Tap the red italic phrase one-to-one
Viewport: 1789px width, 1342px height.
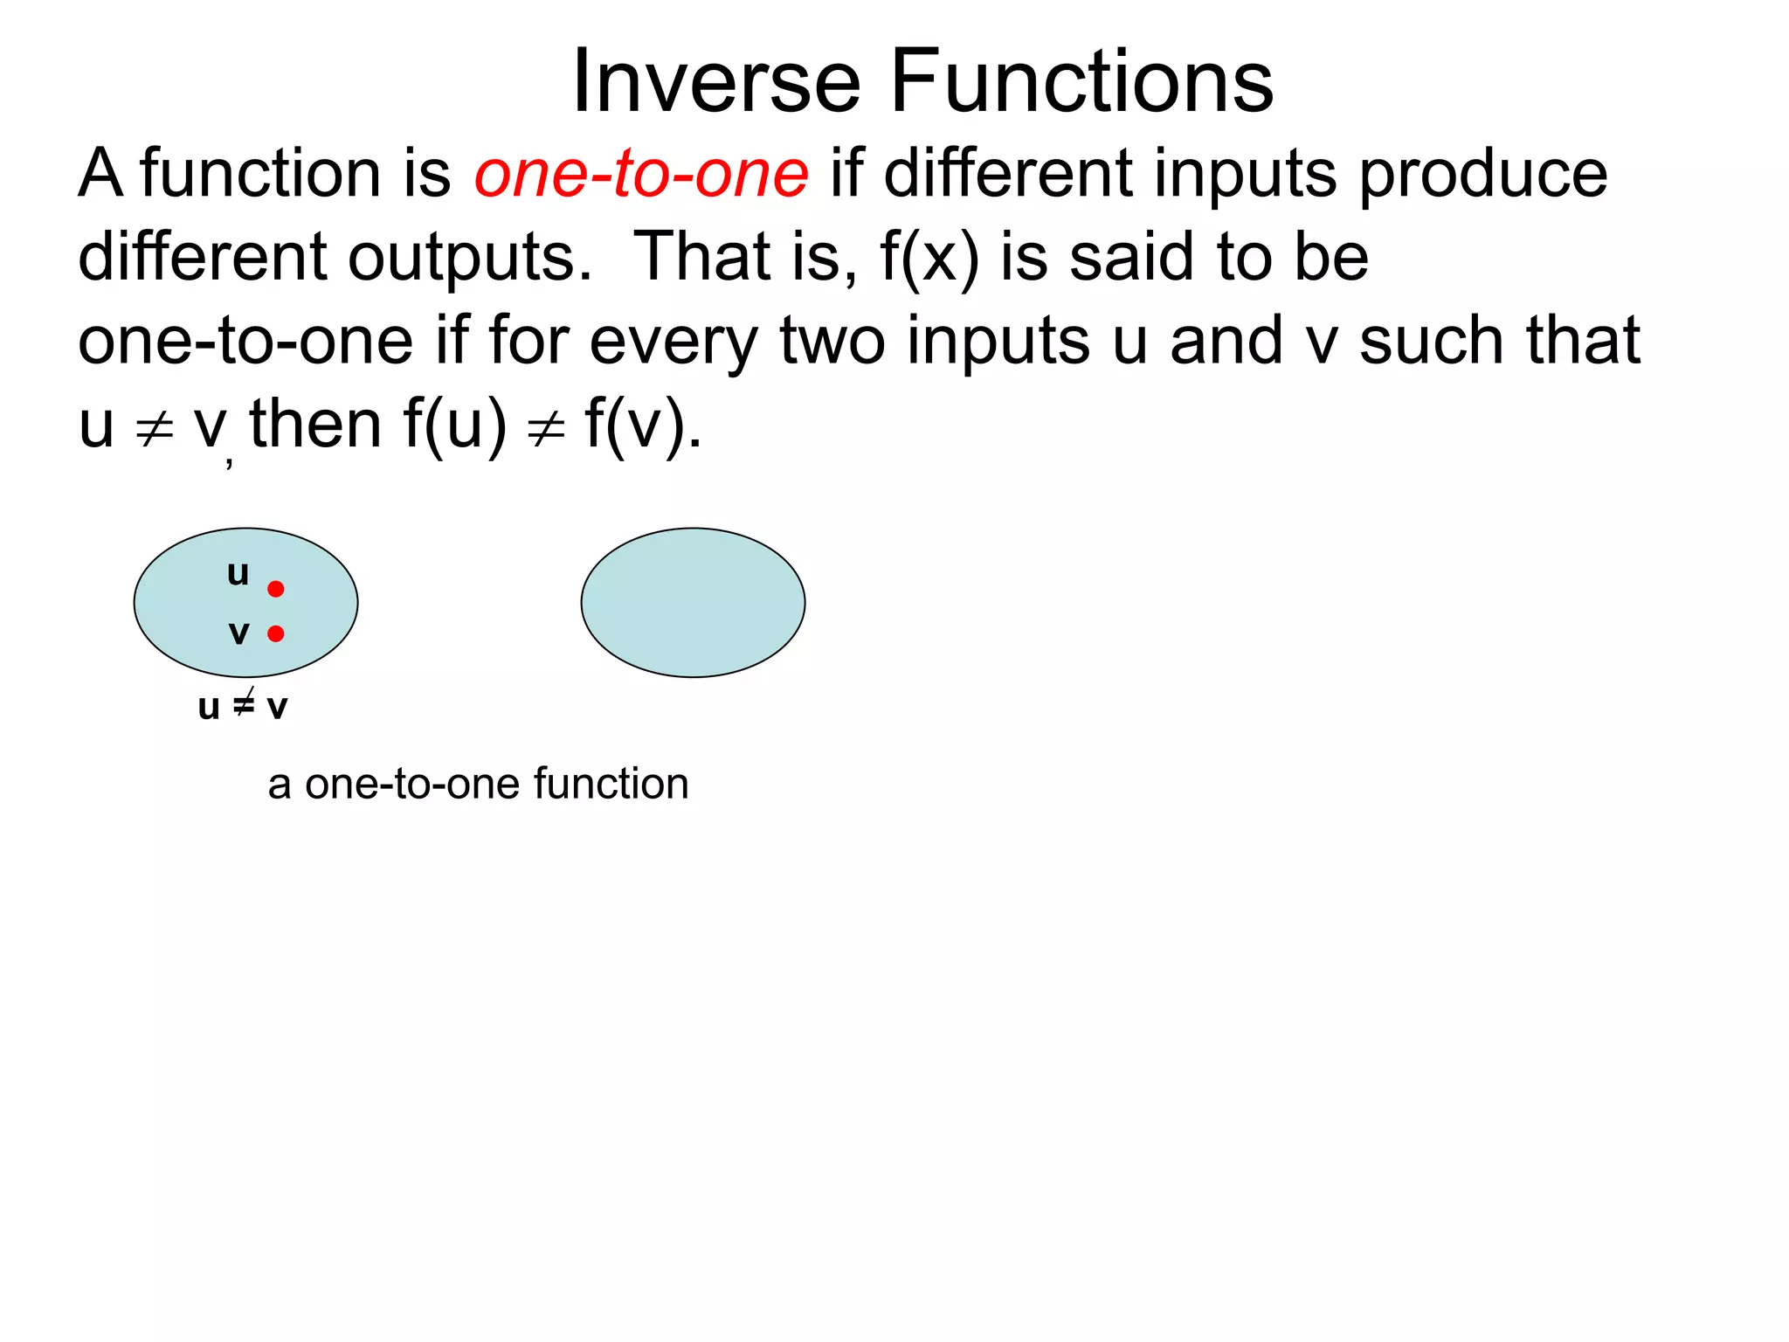tap(641, 173)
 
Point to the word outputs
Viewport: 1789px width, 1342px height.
tap(471, 257)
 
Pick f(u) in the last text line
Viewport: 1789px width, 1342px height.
tap(454, 425)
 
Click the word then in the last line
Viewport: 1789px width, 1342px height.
tap(315, 425)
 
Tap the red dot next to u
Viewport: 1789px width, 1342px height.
tap(276, 589)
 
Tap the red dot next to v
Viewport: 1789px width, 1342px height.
tap(276, 633)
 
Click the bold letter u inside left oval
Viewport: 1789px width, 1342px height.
tap(238, 573)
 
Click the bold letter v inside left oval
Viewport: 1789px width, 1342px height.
tap(238, 633)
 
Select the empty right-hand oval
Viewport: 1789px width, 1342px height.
tap(693, 602)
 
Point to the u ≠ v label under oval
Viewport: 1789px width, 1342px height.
tap(242, 706)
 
